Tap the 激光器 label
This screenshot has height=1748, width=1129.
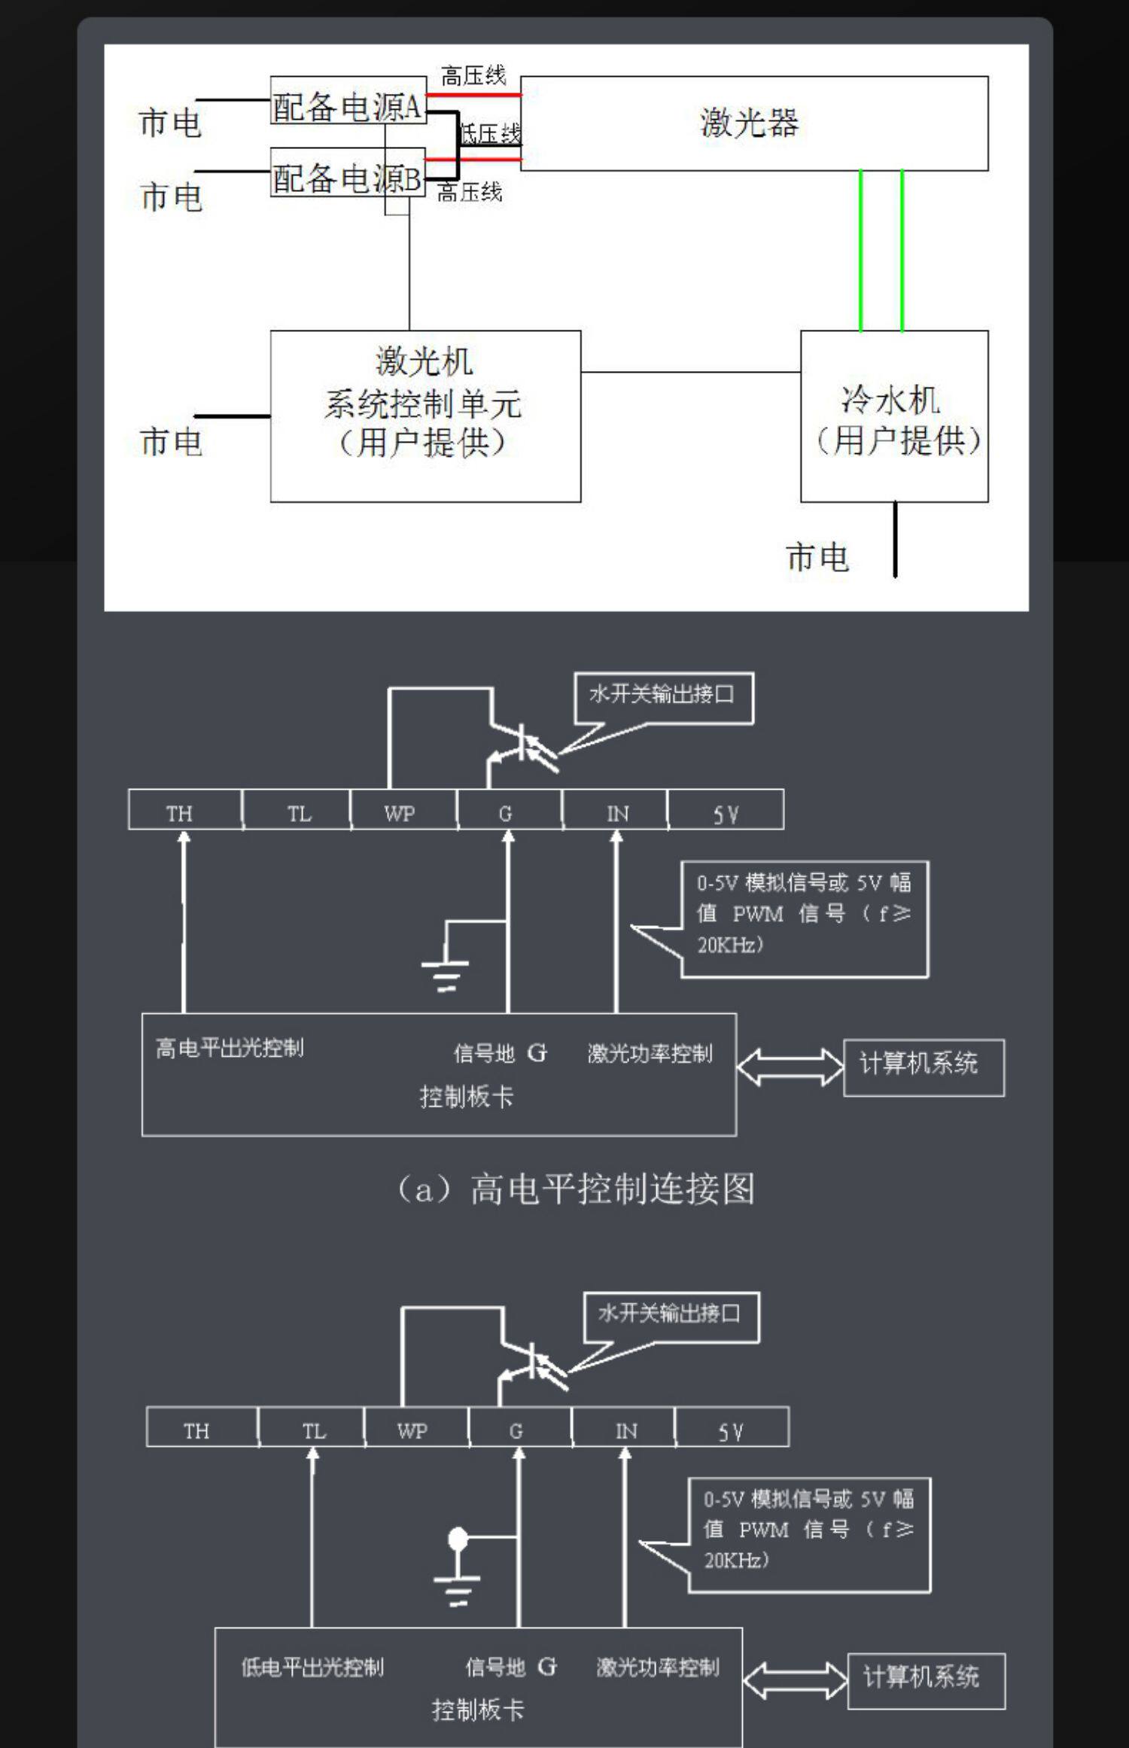click(750, 123)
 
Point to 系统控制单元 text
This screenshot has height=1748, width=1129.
click(423, 404)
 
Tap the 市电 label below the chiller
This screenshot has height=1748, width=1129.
click(817, 558)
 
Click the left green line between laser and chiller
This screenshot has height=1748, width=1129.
click(861, 251)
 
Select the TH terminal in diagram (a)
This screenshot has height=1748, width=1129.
click(180, 813)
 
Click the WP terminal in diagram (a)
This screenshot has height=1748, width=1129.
click(400, 813)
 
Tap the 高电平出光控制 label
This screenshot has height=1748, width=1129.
click(230, 1048)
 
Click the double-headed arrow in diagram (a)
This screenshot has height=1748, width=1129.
click(790, 1067)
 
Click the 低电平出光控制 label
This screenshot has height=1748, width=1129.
click(312, 1667)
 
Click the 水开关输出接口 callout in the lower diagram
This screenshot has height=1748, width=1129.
click(670, 1314)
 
